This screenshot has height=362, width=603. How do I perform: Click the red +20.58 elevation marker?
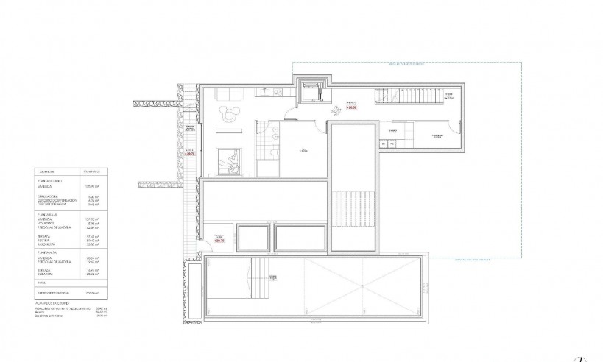coord(352,107)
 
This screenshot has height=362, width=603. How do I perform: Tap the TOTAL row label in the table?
coord(41,283)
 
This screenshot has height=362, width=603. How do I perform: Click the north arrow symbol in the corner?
coord(583,358)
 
